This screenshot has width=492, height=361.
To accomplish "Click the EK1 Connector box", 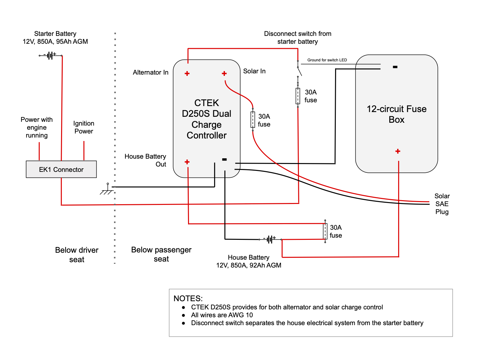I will pyautogui.click(x=61, y=169).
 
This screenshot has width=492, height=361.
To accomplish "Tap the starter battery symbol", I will pyautogui.click(x=50, y=56).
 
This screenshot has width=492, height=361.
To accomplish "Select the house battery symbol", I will pyautogui.click(x=270, y=240).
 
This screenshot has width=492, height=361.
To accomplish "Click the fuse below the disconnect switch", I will pyautogui.click(x=298, y=96).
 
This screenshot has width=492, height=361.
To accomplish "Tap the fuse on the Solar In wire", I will pyautogui.click(x=253, y=120).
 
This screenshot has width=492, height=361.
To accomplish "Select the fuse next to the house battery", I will pyautogui.click(x=325, y=231).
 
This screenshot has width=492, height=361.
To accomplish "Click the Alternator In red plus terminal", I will pyautogui.click(x=187, y=73).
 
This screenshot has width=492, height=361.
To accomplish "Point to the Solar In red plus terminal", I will pyautogui.click(x=224, y=73).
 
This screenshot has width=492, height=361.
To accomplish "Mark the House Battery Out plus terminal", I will pyautogui.click(x=187, y=162).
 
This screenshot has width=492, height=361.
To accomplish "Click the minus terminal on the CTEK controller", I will pyautogui.click(x=224, y=160).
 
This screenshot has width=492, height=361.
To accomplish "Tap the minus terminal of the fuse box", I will pyautogui.click(x=395, y=67).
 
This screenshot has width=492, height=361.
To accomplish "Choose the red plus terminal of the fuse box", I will pyautogui.click(x=398, y=151).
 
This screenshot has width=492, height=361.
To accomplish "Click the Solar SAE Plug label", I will pyautogui.click(x=442, y=204).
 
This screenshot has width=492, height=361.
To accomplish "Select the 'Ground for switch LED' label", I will pyautogui.click(x=327, y=60).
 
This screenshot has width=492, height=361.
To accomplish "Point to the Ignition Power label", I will pyautogui.click(x=84, y=127).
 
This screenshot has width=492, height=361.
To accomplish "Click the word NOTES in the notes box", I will pyautogui.click(x=188, y=298).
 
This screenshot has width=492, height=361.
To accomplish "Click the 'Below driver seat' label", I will pyautogui.click(x=77, y=255).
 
